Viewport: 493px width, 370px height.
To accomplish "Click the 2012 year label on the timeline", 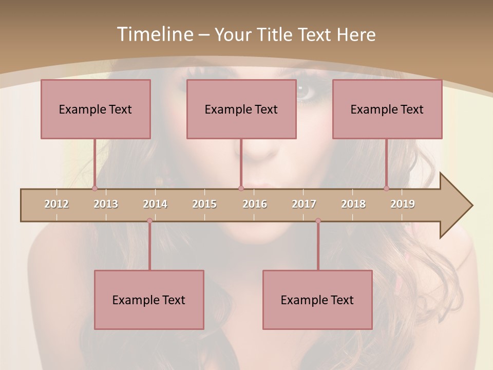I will pyautogui.click(x=56, y=204).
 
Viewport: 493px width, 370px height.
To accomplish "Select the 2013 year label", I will pyautogui.click(x=106, y=204).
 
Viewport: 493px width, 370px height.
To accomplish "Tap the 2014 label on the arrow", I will pyautogui.click(x=155, y=204).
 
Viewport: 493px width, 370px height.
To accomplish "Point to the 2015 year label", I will pyautogui.click(x=204, y=204).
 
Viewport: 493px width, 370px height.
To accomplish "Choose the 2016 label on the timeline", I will pyautogui.click(x=255, y=204).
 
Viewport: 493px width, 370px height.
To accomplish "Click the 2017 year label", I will pyautogui.click(x=304, y=204).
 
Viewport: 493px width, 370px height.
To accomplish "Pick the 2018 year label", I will pyautogui.click(x=353, y=204).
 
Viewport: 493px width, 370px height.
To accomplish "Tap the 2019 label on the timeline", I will pyautogui.click(x=403, y=204).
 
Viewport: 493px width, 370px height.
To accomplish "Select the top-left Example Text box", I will pyautogui.click(x=96, y=109).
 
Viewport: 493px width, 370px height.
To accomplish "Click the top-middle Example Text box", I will pyautogui.click(x=241, y=109).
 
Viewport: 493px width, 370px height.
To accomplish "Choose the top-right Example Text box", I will pyautogui.click(x=387, y=109).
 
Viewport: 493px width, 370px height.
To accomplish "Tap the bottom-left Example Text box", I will pyautogui.click(x=149, y=300).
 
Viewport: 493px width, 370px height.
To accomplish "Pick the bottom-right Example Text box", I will pyautogui.click(x=317, y=300).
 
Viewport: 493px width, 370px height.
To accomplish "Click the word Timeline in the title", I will pyautogui.click(x=155, y=34).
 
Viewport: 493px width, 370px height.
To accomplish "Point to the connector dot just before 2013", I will pyautogui.click(x=94, y=189).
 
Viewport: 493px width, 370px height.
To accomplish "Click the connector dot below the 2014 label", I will pyautogui.click(x=149, y=221).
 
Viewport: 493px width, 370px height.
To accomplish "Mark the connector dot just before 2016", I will pyautogui.click(x=241, y=189).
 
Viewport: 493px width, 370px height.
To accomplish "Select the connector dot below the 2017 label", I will pyautogui.click(x=318, y=221).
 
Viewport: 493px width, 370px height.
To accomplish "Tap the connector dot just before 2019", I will pyautogui.click(x=387, y=189).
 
